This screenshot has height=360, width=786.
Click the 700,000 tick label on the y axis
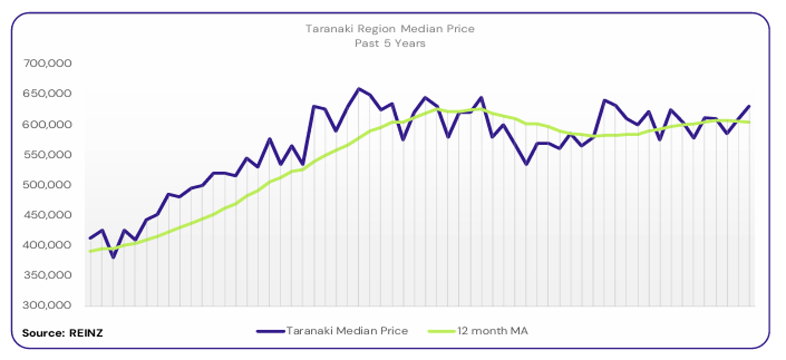(x=47, y=63)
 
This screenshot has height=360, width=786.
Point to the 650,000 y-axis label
(x=47, y=94)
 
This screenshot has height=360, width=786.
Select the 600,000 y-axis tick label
(x=47, y=124)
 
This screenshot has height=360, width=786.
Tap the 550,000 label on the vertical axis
(x=47, y=154)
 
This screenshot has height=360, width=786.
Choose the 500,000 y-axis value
(x=47, y=185)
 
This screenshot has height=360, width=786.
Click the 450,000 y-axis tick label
(x=47, y=215)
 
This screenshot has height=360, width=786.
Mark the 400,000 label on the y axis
(x=47, y=245)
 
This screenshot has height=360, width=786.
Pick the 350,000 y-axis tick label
(x=47, y=275)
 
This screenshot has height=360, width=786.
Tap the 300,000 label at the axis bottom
(x=47, y=305)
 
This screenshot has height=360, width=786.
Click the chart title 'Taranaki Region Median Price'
(x=389, y=29)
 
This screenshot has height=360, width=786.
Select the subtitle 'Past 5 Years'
(x=389, y=43)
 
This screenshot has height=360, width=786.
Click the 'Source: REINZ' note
(x=62, y=332)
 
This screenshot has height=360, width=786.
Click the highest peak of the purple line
(x=359, y=89)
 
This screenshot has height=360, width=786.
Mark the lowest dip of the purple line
(x=113, y=257)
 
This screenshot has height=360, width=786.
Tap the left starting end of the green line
(x=90, y=251)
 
